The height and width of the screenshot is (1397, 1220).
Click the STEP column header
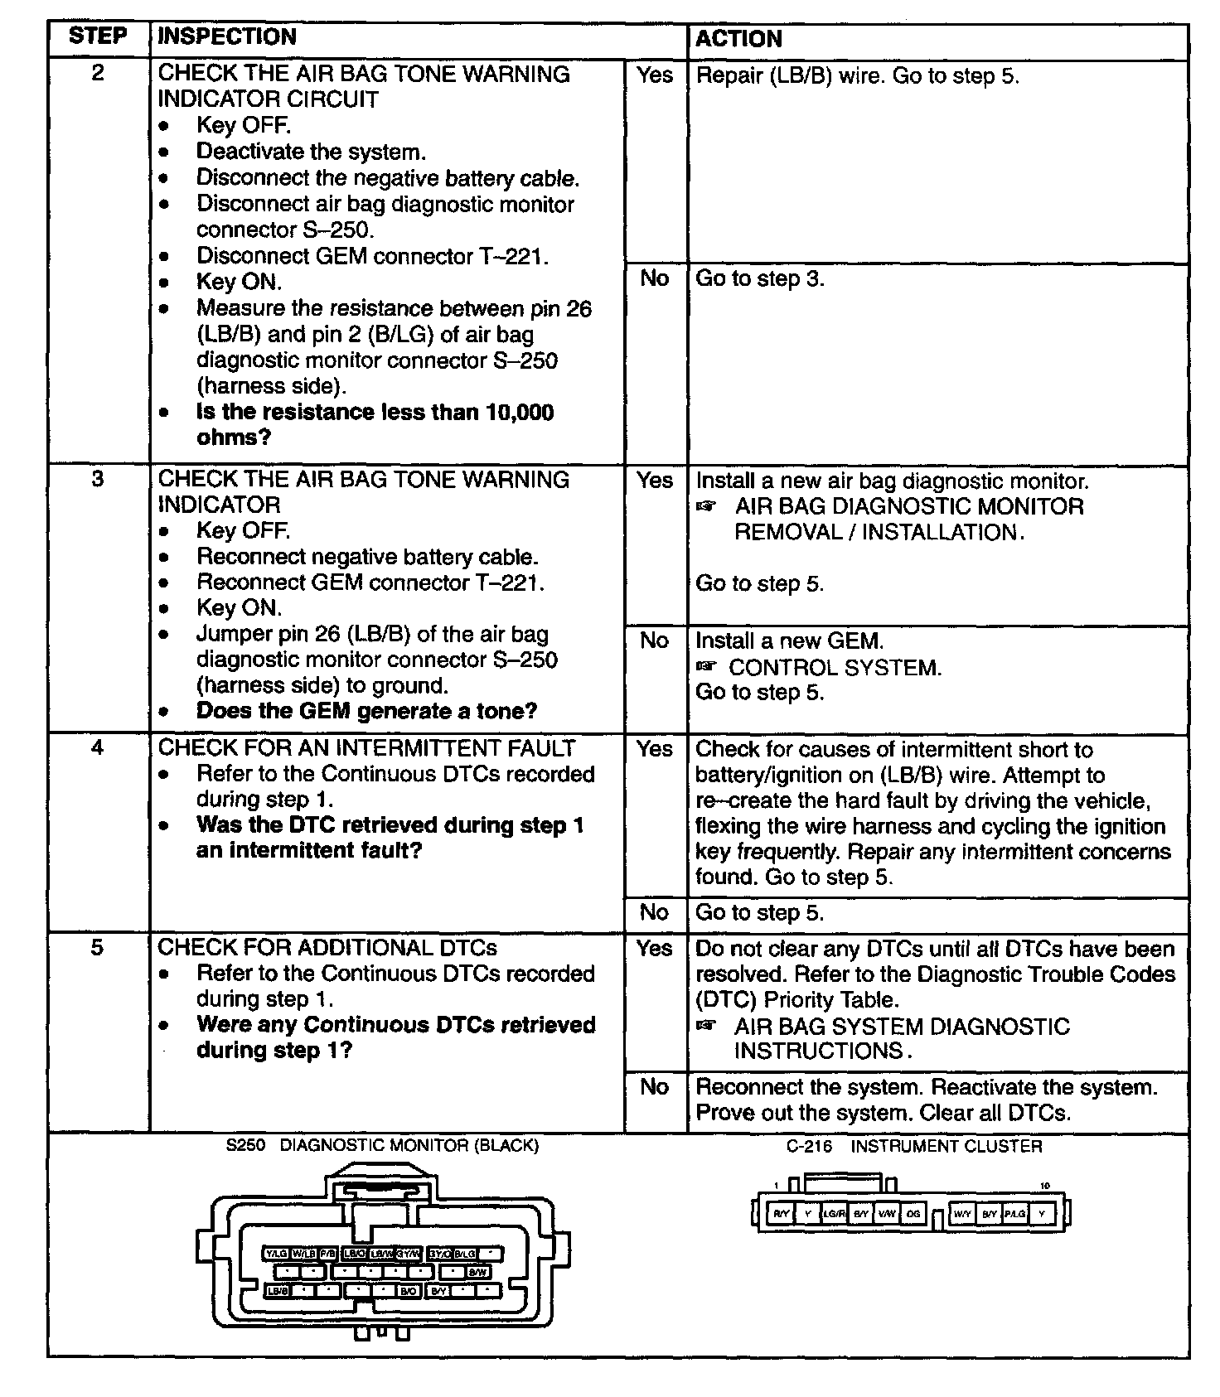coord(98,36)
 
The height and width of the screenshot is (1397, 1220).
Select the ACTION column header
coord(738,39)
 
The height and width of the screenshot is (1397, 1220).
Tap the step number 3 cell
coord(98,479)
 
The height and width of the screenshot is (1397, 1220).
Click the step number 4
coord(98,747)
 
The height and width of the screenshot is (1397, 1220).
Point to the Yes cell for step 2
coord(655,75)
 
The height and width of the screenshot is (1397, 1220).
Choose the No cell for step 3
coord(655,640)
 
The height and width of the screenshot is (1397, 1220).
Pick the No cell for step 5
coord(655,1086)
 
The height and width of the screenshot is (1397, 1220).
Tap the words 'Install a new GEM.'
coord(789,640)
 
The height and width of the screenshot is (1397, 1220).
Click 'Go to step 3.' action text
coord(759,278)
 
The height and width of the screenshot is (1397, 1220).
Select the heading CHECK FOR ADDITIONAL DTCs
coord(327,947)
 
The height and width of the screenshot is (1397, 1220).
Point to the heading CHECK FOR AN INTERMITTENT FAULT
coord(366,747)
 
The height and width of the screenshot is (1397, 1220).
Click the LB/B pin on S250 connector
coord(277,1291)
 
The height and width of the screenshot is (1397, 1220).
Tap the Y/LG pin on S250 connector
coord(275,1254)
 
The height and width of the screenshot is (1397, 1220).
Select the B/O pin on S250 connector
coord(409,1291)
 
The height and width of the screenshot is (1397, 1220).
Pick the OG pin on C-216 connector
coord(913,1214)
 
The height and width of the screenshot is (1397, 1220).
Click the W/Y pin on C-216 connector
coord(962,1214)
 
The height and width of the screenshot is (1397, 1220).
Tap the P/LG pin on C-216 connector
coord(1015,1214)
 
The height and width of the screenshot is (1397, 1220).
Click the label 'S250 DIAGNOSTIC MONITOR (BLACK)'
coord(382,1146)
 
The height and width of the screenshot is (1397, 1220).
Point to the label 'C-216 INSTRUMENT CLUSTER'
coord(914,1147)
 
